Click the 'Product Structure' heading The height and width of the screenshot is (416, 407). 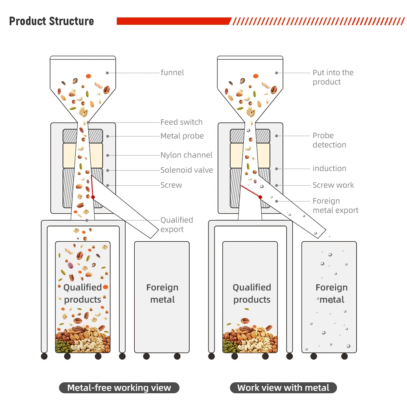pyautogui.click(x=52, y=21)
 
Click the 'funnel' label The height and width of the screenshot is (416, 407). pyautogui.click(x=172, y=72)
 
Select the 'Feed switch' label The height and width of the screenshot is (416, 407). pyautogui.click(x=182, y=122)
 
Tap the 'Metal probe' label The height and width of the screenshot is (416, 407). pyautogui.click(x=182, y=136)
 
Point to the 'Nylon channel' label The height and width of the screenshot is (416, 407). pyautogui.click(x=186, y=155)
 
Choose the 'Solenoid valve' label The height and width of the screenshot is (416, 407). pyautogui.click(x=187, y=170)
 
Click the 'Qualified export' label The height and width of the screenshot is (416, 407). pyautogui.click(x=177, y=224)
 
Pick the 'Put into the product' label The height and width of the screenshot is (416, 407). pyautogui.click(x=333, y=77)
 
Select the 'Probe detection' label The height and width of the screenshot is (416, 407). pyautogui.click(x=329, y=140)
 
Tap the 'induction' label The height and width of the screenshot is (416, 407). pyautogui.click(x=329, y=168)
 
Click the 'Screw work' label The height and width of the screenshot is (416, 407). pyautogui.click(x=333, y=185)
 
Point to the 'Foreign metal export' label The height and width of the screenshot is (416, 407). pyautogui.click(x=335, y=206)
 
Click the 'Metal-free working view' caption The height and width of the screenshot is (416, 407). pyautogui.click(x=119, y=388)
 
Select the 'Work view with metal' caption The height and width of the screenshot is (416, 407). pyautogui.click(x=283, y=388)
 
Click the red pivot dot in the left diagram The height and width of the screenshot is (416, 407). pyautogui.click(x=93, y=197)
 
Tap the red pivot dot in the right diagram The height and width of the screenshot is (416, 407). pyautogui.click(x=260, y=197)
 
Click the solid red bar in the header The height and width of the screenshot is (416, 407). pyautogui.click(x=174, y=21)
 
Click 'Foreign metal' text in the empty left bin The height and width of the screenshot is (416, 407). pyautogui.click(x=162, y=293)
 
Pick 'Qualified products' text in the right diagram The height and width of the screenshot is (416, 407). pyautogui.click(x=252, y=293)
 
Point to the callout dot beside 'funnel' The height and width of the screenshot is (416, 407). pyautogui.click(x=107, y=73)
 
